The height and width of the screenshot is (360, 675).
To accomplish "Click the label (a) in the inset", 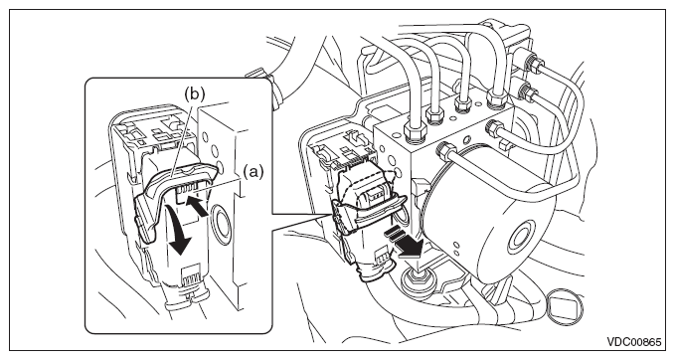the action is pos(253,172).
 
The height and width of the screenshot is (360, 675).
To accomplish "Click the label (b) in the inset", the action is pos(194,93).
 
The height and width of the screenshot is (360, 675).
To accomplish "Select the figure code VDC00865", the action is pos(633,342).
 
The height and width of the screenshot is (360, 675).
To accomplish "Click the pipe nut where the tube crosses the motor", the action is pos(445,151).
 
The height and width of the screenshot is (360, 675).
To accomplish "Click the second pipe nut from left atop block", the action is pos(433,114).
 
